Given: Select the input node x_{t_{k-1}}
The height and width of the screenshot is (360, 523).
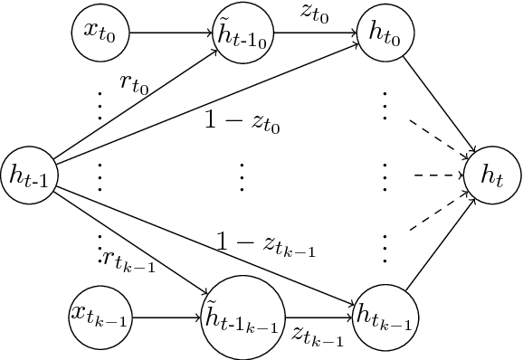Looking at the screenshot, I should click(x=99, y=316).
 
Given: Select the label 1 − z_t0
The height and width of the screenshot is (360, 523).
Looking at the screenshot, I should click(x=243, y=123).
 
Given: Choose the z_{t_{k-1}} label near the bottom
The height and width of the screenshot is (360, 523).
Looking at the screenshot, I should click(x=316, y=335).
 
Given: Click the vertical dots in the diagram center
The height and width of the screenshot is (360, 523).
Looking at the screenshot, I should click(x=242, y=176).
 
